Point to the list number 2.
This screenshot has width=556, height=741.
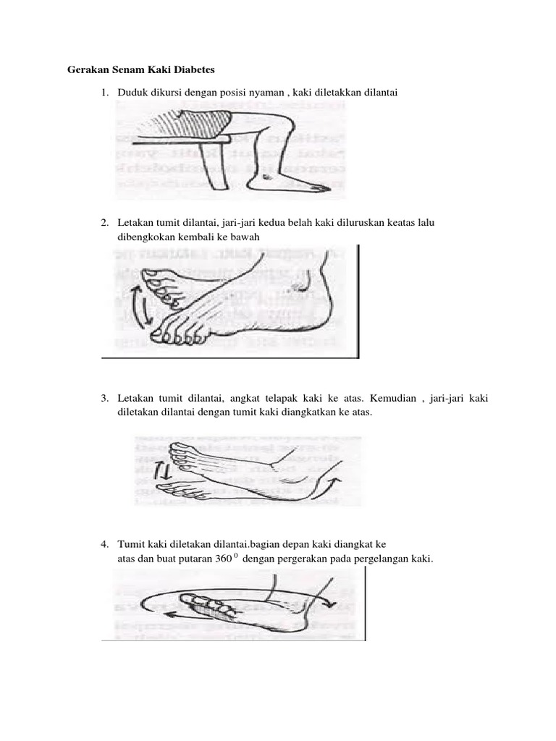point(105,221)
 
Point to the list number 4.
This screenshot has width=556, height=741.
point(105,543)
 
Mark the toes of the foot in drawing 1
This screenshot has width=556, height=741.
point(316,187)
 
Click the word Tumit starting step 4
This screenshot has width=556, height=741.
point(132,543)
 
